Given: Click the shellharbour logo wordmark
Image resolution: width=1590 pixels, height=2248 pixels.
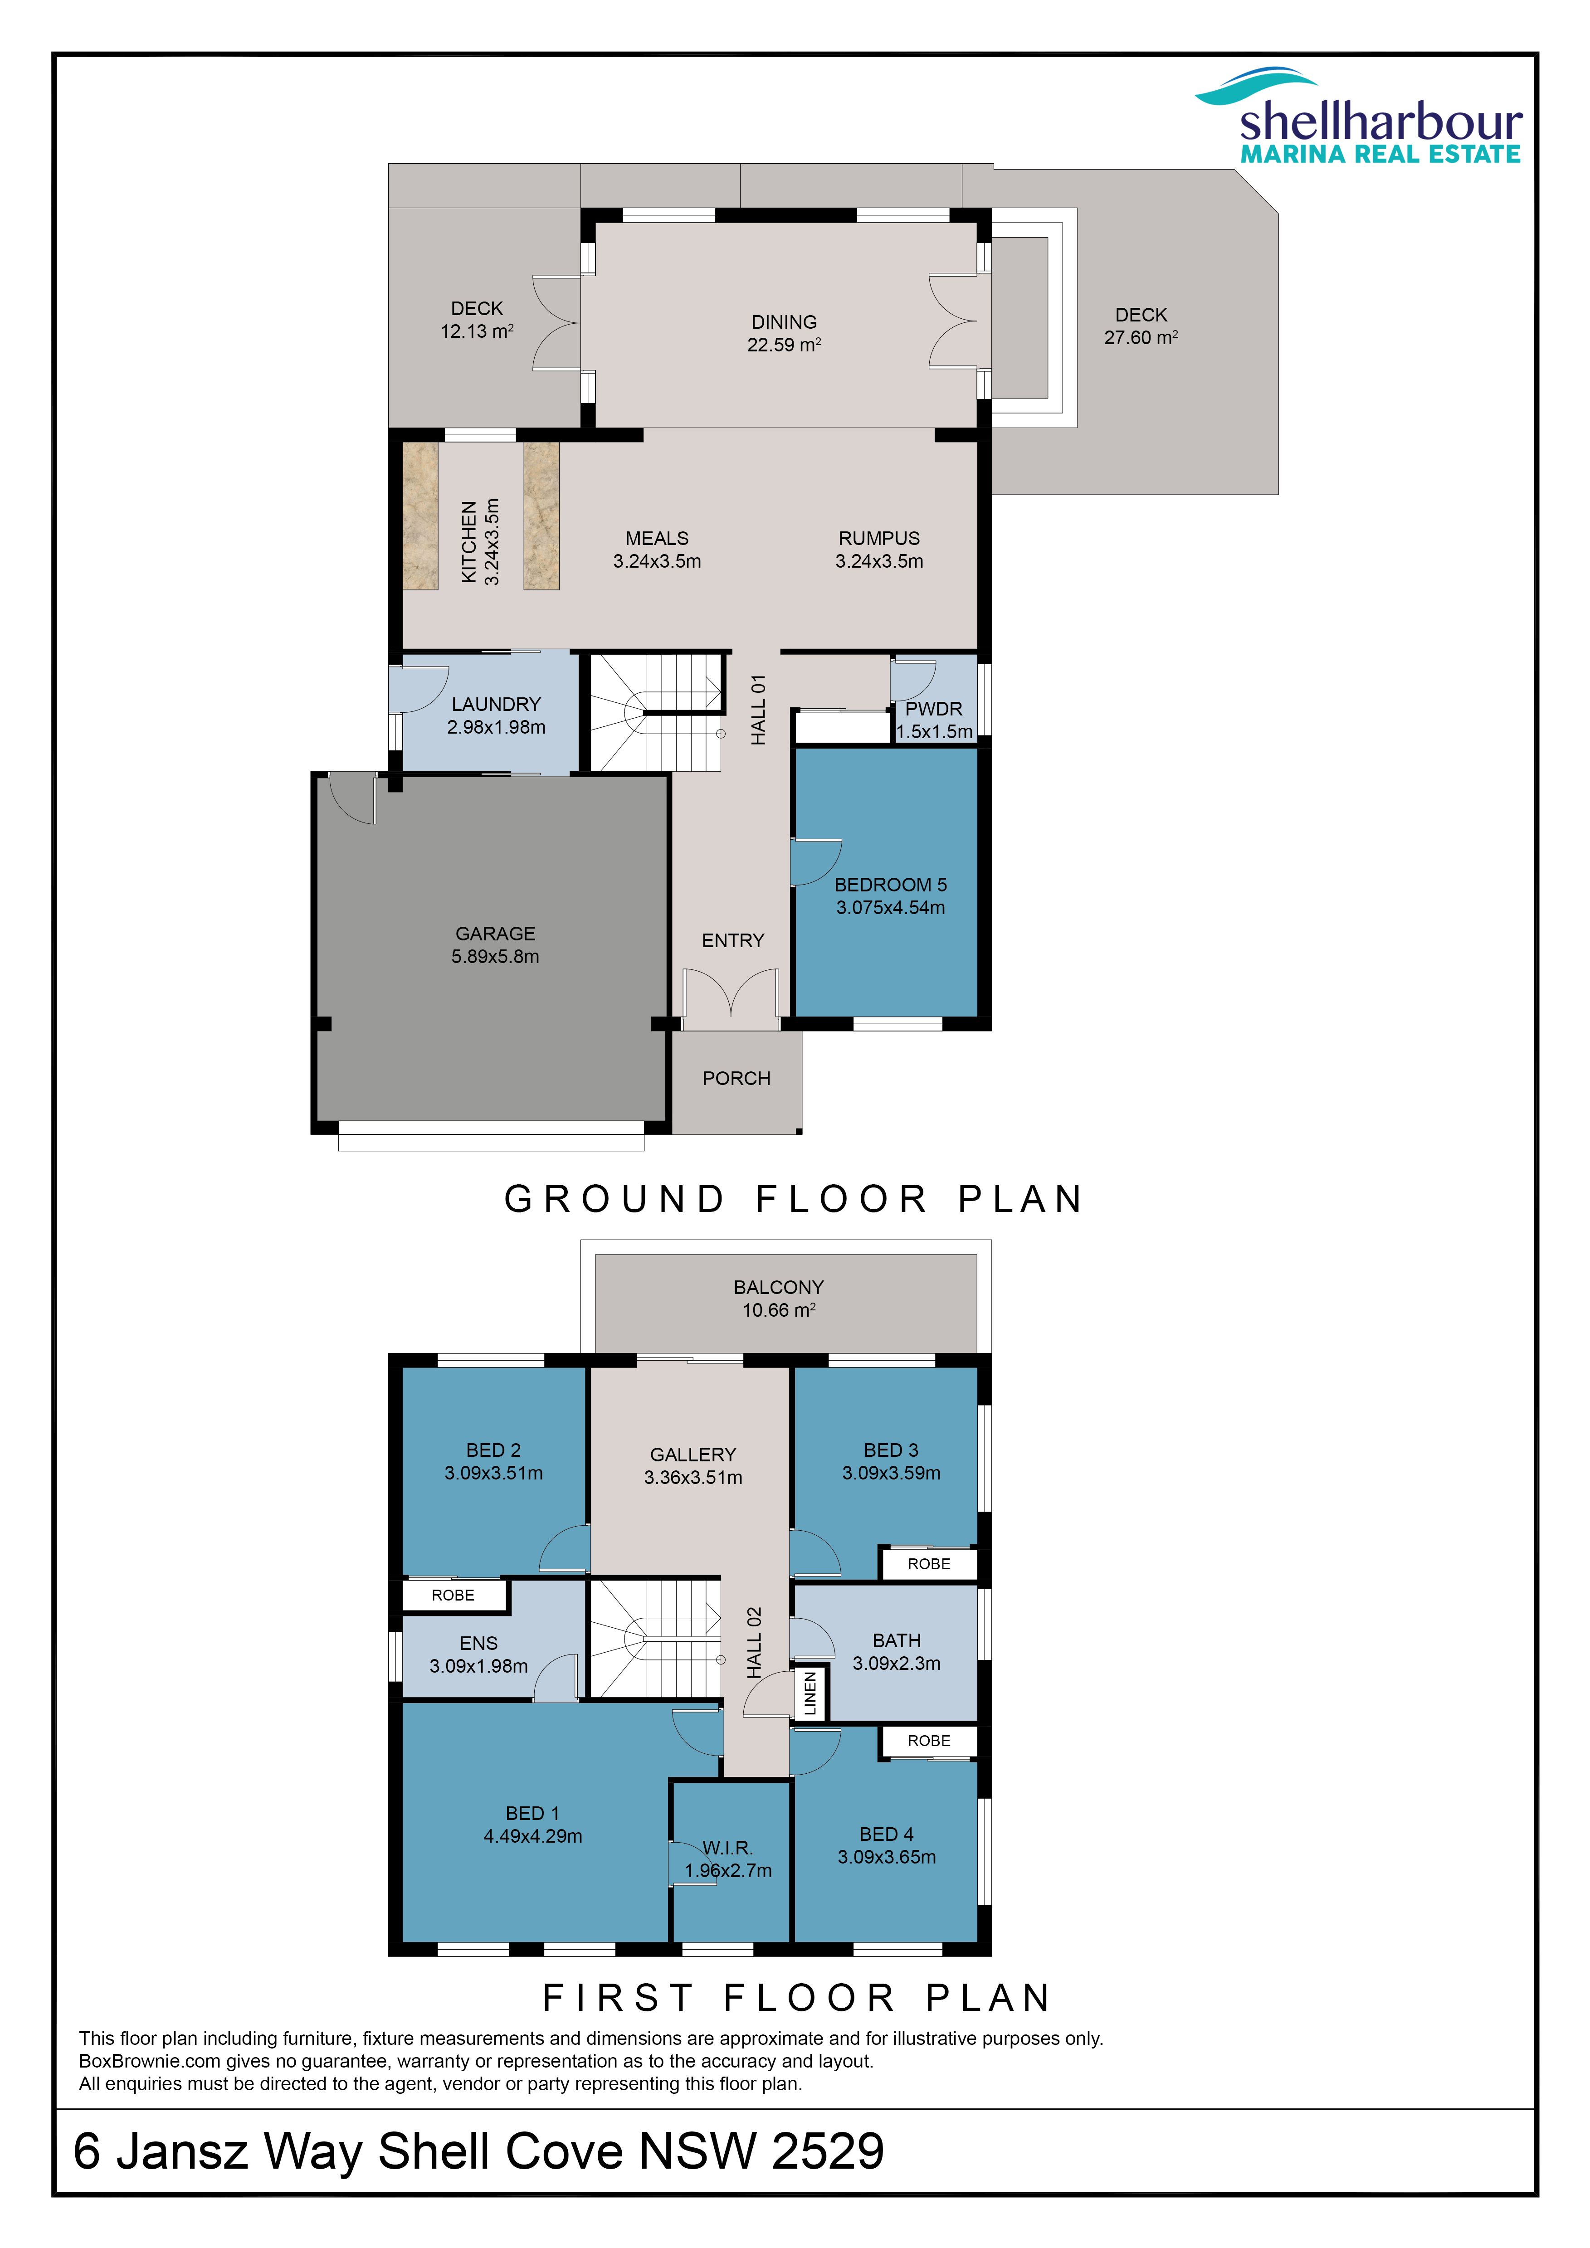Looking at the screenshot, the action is coord(1380,122).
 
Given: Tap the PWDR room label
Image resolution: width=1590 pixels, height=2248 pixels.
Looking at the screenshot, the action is coord(933,709).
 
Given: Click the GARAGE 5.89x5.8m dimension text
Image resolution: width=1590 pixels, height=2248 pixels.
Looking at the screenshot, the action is coord(495,957).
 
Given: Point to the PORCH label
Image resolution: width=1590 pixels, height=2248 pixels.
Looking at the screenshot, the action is coord(736,1078).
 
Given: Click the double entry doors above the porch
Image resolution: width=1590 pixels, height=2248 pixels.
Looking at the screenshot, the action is coord(732,999).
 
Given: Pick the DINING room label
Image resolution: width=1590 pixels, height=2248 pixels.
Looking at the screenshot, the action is coord(784,322).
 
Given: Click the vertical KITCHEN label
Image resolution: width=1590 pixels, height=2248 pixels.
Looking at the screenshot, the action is coord(469,542).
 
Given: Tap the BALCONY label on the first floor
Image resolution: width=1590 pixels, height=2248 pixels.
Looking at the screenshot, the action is coord(779,1288).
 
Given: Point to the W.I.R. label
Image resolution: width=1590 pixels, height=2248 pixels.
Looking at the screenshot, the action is coord(727,1848).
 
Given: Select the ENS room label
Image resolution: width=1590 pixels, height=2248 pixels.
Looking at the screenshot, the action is coord(479,1643).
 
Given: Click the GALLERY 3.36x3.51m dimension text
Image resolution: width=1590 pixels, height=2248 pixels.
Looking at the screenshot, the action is coord(693,1478).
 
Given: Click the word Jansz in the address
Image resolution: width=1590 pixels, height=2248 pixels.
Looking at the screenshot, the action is coord(182,2151).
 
